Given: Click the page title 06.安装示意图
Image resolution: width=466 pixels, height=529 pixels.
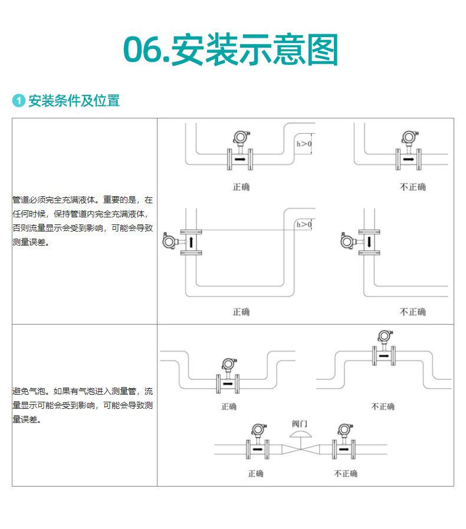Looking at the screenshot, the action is click(231, 49).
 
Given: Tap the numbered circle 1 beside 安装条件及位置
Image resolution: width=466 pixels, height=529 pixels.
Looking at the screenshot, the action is click(19, 101).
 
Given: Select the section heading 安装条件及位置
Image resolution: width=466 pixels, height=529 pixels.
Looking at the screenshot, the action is click(74, 101).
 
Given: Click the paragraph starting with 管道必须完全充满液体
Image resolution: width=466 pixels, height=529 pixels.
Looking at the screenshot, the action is click(83, 221).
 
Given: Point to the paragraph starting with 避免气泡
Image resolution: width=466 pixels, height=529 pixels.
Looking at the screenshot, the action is click(83, 405).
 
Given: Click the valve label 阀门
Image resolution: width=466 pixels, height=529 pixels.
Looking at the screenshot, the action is click(300, 424).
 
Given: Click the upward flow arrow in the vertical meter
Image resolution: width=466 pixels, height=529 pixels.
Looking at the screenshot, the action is click(191, 242).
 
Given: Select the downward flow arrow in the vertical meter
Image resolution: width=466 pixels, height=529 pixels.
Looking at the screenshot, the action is click(369, 242).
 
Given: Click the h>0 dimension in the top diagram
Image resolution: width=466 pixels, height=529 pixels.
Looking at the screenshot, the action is click(304, 144).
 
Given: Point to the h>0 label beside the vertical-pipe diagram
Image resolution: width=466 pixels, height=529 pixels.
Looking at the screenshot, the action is click(304, 224).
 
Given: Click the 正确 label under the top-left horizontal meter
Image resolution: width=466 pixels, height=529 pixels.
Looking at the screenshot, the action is click(241, 187).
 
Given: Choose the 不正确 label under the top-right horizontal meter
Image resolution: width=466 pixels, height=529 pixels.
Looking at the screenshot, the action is click(412, 187).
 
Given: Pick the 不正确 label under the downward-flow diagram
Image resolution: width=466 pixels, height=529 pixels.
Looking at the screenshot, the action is click(412, 312).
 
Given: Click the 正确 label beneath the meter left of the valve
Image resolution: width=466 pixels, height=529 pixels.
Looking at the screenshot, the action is click(256, 474).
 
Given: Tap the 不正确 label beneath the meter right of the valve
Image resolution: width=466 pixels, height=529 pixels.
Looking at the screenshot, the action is click(345, 474).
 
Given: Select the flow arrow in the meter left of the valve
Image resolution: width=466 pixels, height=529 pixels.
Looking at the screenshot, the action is click(258, 449).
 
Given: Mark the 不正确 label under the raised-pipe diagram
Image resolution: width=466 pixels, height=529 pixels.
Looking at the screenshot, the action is click(382, 406).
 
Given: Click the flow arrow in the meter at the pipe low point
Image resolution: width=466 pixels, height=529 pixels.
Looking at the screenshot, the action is click(228, 384).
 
